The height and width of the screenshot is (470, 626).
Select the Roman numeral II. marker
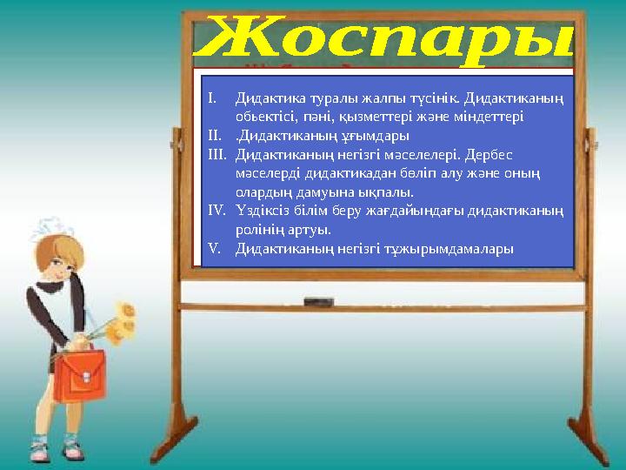[x=215, y=135]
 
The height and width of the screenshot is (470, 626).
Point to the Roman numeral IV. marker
[x=217, y=210]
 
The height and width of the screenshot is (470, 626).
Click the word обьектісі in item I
[x=264, y=115]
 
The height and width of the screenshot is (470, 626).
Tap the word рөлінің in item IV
[x=257, y=230]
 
